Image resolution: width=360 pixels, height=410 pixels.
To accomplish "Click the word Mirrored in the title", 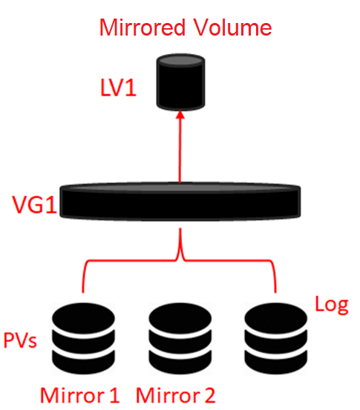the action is (x=143, y=27).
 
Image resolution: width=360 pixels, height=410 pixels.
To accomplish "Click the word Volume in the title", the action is (x=232, y=27).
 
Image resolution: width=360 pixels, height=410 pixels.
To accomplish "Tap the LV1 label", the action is (x=118, y=87).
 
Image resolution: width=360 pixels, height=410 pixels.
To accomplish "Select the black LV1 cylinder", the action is (x=180, y=82).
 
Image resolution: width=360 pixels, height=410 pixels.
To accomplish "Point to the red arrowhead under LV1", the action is (x=180, y=114).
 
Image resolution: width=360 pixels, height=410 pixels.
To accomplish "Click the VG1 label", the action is (x=35, y=205).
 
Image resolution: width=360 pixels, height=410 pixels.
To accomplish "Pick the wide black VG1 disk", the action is (x=180, y=202).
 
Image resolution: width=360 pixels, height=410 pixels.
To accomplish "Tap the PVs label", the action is (x=20, y=340).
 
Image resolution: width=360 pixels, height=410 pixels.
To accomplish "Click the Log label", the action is (x=332, y=305).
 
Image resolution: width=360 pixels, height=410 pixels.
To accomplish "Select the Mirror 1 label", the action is (x=80, y=395).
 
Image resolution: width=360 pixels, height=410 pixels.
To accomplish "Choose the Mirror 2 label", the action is (x=175, y=395).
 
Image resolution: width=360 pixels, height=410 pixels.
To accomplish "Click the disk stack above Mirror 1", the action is (x=83, y=339).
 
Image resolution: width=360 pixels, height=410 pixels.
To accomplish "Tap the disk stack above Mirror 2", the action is (x=180, y=339).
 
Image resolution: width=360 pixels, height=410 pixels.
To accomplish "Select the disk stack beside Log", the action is (x=275, y=339).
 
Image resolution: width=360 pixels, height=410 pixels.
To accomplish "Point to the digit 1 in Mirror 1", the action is (x=114, y=395).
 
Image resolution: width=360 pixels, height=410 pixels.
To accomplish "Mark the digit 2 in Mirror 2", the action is (x=209, y=395).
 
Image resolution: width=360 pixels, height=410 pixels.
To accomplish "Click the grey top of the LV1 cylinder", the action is (x=180, y=60).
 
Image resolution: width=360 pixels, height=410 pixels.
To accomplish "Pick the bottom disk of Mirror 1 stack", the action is (x=83, y=362).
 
